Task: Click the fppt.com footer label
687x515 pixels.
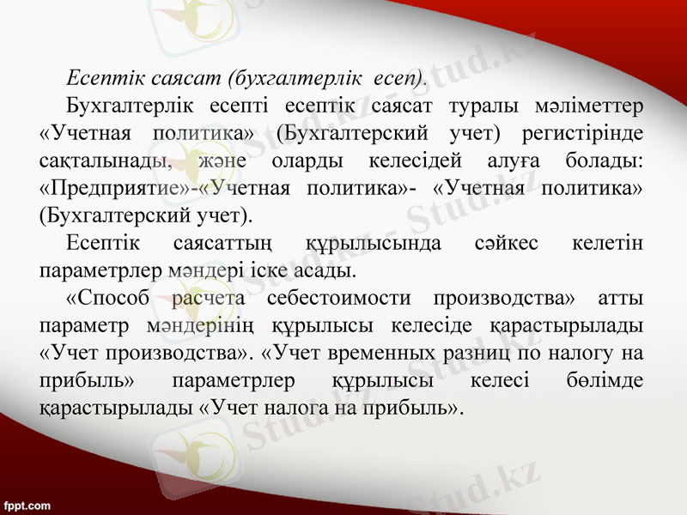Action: pyautogui.click(x=27, y=506)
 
